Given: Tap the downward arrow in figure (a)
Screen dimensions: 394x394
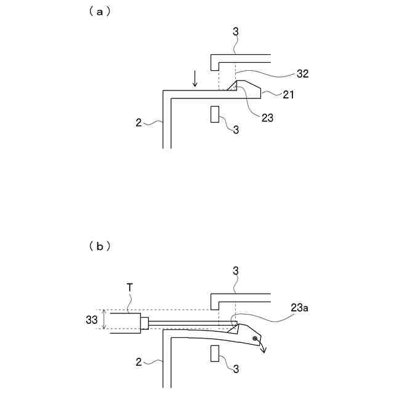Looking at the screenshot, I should (195, 79).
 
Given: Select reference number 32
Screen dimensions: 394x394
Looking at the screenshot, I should (302, 73).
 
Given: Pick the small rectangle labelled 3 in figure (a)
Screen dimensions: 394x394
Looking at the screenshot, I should (215, 115).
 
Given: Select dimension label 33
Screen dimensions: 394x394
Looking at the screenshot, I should (91, 319).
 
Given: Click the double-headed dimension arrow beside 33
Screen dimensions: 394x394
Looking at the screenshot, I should (105, 319).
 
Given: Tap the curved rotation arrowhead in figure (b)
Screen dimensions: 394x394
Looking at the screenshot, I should (264, 351).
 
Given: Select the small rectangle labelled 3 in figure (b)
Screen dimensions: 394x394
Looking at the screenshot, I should (215, 353).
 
